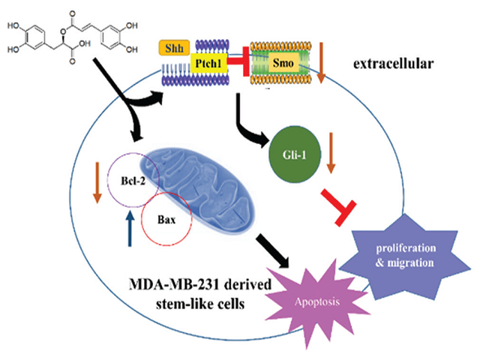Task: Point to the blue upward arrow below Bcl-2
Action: coord(130,233)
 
